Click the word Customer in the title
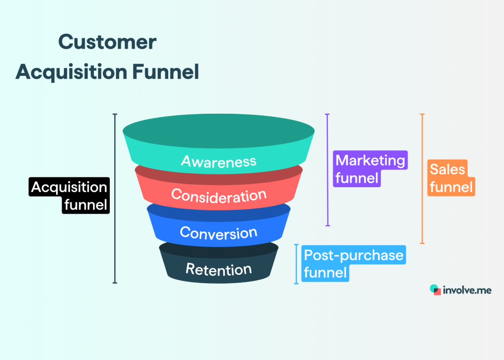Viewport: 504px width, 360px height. click(107, 42)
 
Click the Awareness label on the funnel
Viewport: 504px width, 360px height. click(219, 161)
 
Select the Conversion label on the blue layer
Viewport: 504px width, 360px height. click(219, 232)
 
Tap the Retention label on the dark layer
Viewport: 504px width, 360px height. click(219, 269)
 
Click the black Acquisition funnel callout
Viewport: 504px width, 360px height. click(69, 196)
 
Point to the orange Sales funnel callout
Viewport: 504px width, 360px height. click(450, 178)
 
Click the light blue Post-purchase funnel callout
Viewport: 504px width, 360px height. click(353, 263)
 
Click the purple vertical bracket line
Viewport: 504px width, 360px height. click(327, 170)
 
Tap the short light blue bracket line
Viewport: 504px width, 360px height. click(296, 264)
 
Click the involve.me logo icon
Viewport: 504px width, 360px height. click(435, 290)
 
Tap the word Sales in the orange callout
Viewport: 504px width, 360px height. click(447, 169)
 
